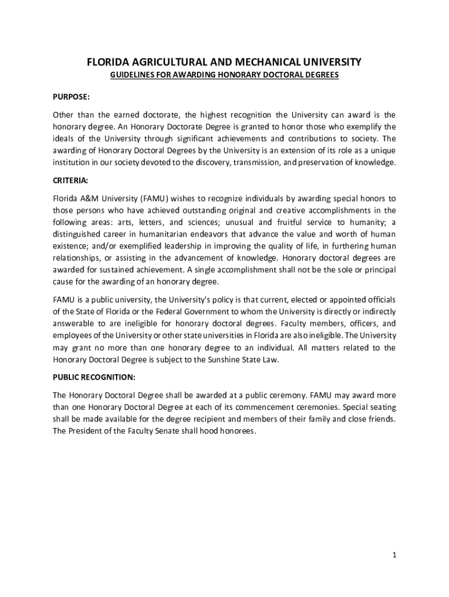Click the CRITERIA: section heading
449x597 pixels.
[x=70, y=181]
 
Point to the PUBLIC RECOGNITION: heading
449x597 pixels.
[x=94, y=377]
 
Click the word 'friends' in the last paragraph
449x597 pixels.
[x=381, y=419]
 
